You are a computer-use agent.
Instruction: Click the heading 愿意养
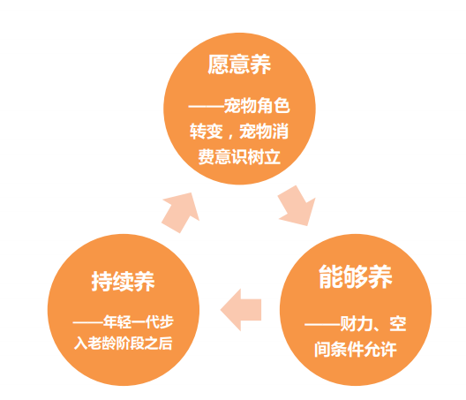[x=239, y=64]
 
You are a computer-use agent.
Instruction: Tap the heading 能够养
[x=356, y=277]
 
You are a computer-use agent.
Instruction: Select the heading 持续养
[x=123, y=281]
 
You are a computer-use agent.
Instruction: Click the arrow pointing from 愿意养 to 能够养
[x=297, y=207]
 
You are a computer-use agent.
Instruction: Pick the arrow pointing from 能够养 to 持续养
[x=241, y=310]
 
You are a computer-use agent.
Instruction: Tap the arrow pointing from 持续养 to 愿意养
[x=180, y=212]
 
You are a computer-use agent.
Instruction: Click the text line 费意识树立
[x=239, y=156]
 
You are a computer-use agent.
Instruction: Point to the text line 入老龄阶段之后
[x=123, y=343]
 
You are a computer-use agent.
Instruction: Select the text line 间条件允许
[x=356, y=349]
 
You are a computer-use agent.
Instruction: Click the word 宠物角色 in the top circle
[x=257, y=106]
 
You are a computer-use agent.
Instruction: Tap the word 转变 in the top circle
[x=207, y=132]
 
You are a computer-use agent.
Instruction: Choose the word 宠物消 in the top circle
[x=264, y=132]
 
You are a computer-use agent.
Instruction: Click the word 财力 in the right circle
[x=356, y=323]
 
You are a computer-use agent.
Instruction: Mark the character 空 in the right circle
[x=398, y=323]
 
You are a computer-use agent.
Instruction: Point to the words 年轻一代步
[x=139, y=321]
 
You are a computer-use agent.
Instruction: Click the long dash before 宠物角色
[x=207, y=106]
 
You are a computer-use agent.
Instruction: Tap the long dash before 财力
[x=322, y=324]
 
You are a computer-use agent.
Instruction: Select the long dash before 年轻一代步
[x=88, y=322]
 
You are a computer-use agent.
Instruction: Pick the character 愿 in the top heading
[x=218, y=64]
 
